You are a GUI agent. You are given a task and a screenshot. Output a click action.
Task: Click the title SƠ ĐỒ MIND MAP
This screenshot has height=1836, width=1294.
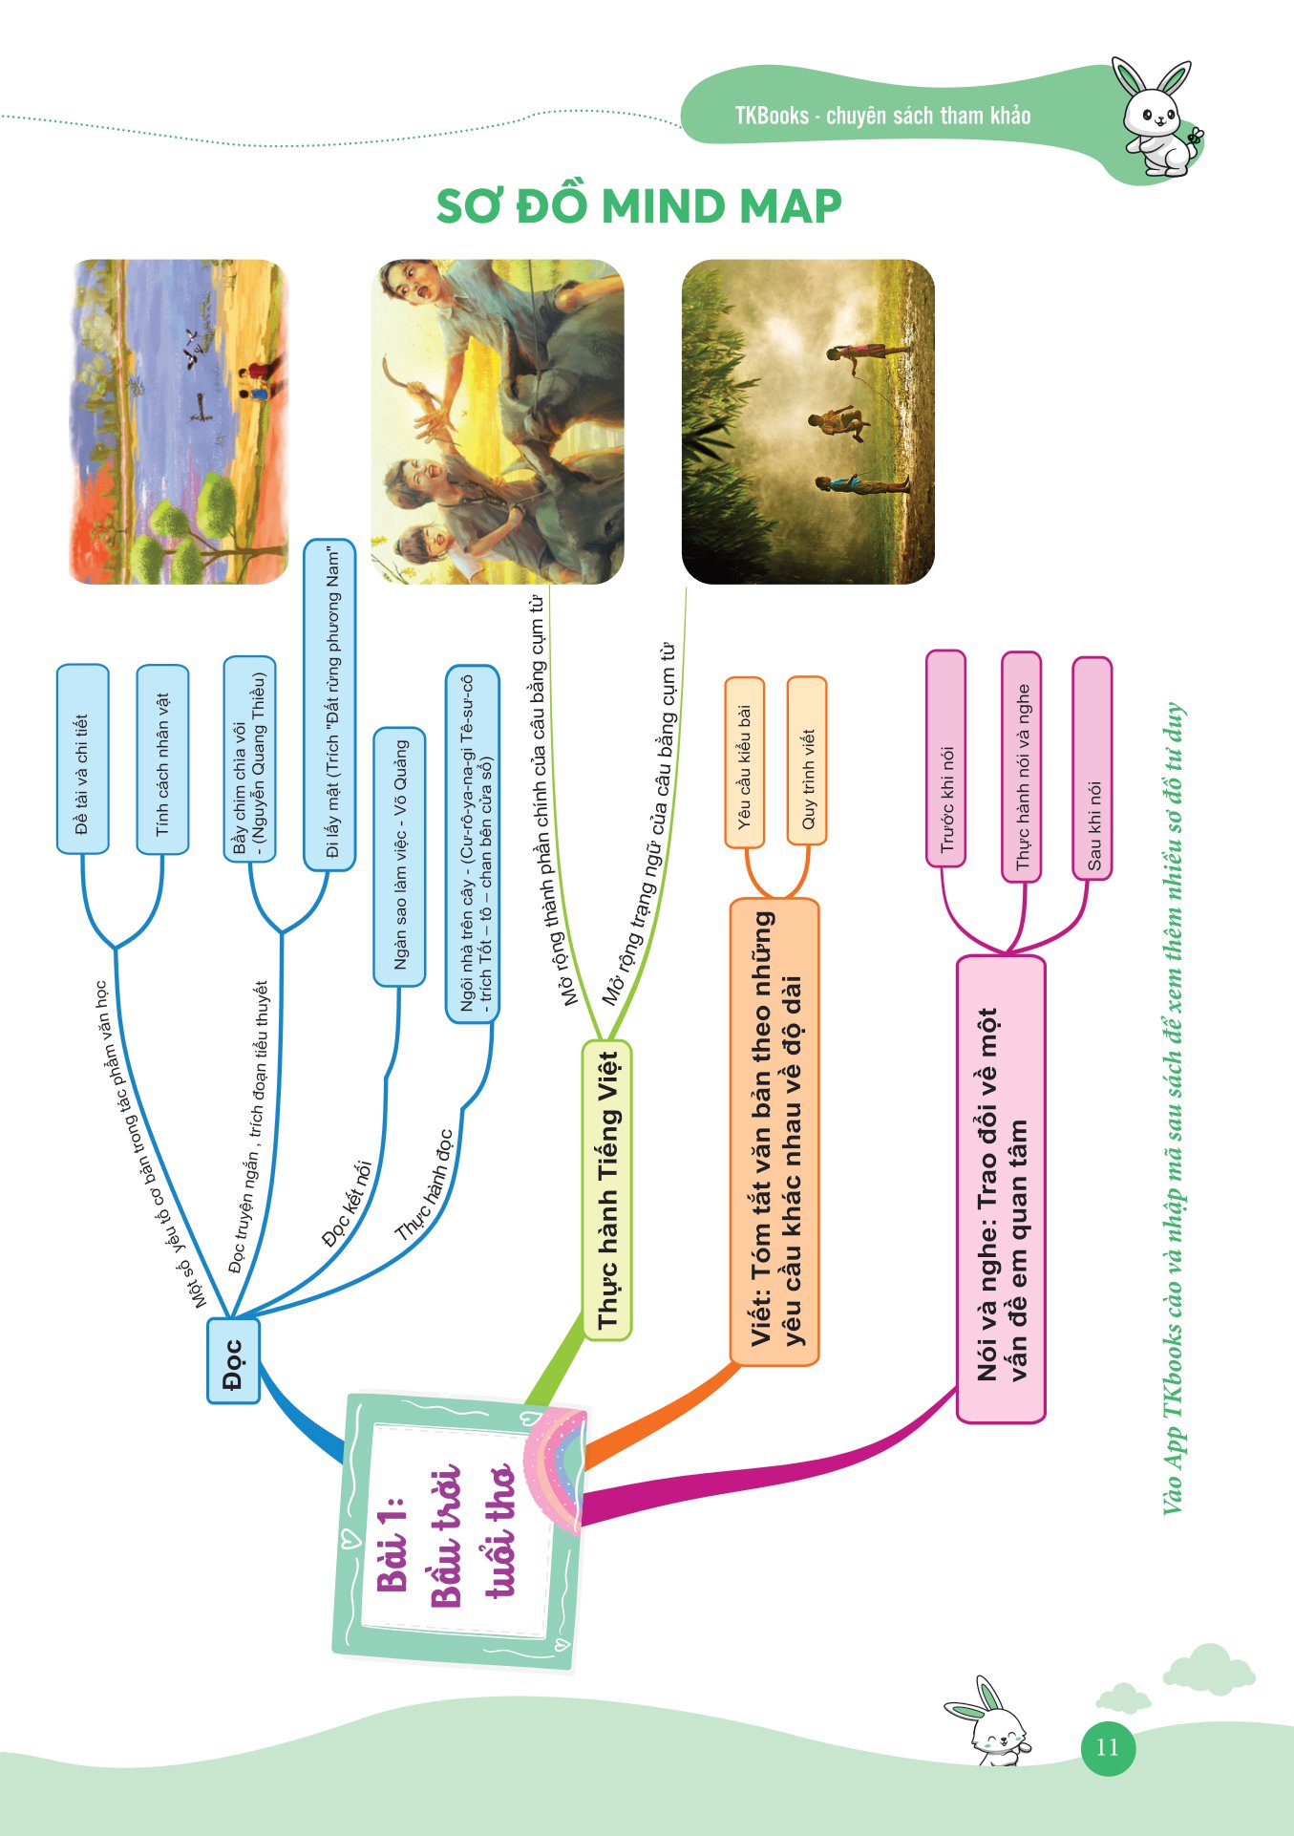click(638, 206)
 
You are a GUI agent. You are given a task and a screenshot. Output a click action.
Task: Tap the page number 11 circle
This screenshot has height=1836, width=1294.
click(1107, 1748)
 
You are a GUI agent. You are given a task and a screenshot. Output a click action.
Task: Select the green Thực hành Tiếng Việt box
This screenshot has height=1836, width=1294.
click(607, 1189)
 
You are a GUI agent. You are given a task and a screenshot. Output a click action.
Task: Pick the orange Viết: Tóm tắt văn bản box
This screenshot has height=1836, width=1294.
click(774, 1131)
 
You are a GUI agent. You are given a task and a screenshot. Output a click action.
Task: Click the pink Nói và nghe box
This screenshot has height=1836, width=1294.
click(1001, 1188)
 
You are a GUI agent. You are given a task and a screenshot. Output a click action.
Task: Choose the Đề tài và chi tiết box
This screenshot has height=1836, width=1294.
click(82, 759)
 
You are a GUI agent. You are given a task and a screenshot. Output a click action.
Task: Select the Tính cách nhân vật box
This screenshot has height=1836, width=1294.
click(162, 759)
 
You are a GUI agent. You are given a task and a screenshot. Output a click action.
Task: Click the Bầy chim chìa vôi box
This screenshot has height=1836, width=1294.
click(249, 759)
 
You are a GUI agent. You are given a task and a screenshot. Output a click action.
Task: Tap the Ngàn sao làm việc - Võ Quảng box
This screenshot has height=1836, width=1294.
click(399, 856)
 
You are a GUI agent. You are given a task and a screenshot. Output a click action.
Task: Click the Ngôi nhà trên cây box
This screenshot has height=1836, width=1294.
click(473, 844)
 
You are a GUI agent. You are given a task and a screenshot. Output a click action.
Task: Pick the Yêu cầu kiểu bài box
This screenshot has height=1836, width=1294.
click(745, 761)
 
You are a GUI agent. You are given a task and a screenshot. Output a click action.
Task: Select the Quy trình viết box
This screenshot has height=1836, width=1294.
click(807, 761)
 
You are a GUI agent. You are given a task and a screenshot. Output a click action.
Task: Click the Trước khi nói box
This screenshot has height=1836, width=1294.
click(945, 758)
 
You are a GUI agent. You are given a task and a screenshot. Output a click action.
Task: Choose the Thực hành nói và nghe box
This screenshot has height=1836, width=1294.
click(1022, 767)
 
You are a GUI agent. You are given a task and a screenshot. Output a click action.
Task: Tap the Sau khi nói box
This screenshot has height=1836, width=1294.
click(1092, 769)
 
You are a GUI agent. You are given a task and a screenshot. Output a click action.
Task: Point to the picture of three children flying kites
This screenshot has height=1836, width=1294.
click(808, 421)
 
